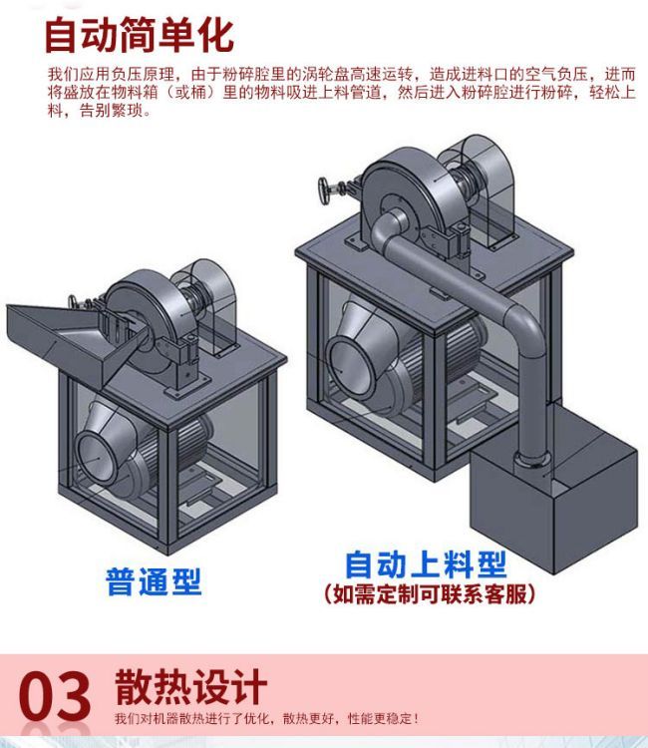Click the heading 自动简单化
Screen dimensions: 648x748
139,35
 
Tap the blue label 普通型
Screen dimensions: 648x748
154,581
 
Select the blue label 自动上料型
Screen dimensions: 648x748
426,564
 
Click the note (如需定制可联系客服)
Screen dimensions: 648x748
429,594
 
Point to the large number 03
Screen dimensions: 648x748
55,696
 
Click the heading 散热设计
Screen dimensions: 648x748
190,687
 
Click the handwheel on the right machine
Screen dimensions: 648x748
325,190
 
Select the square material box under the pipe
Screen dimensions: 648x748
553,492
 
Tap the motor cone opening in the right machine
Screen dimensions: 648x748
347,363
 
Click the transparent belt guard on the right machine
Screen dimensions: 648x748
482,187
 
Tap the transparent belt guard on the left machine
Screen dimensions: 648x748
209,300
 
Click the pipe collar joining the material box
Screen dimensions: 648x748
531,461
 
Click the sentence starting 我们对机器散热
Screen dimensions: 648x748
267,718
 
